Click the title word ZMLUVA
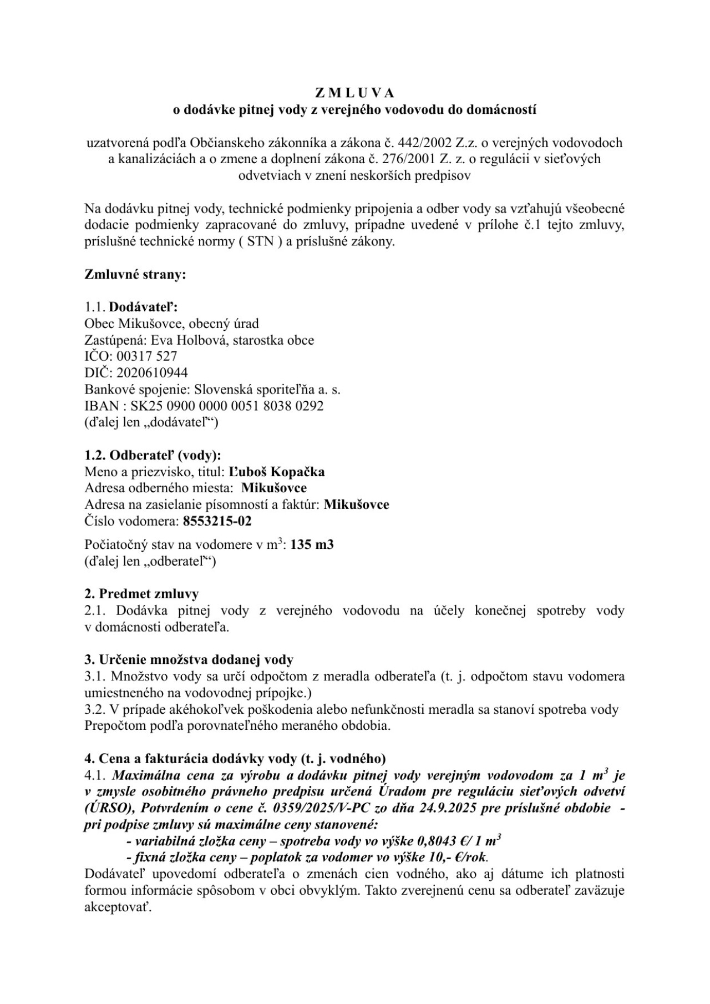(x=354, y=92)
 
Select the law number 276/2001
(x=410, y=159)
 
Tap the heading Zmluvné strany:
(x=135, y=274)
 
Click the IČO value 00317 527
(x=146, y=356)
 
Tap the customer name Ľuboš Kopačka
(x=277, y=472)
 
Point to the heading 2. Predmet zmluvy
(x=141, y=594)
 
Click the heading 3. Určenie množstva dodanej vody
(x=189, y=660)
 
